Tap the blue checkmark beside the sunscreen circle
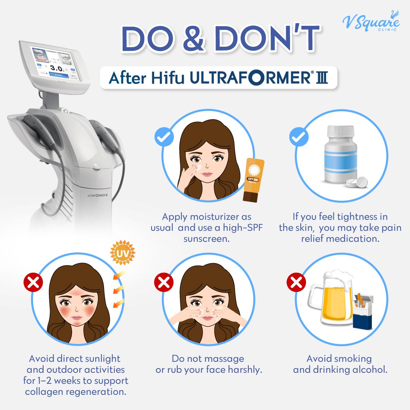coord(164,137)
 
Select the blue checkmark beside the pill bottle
coord(299,137)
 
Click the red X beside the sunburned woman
coord(33,282)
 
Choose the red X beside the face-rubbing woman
coord(164,282)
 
